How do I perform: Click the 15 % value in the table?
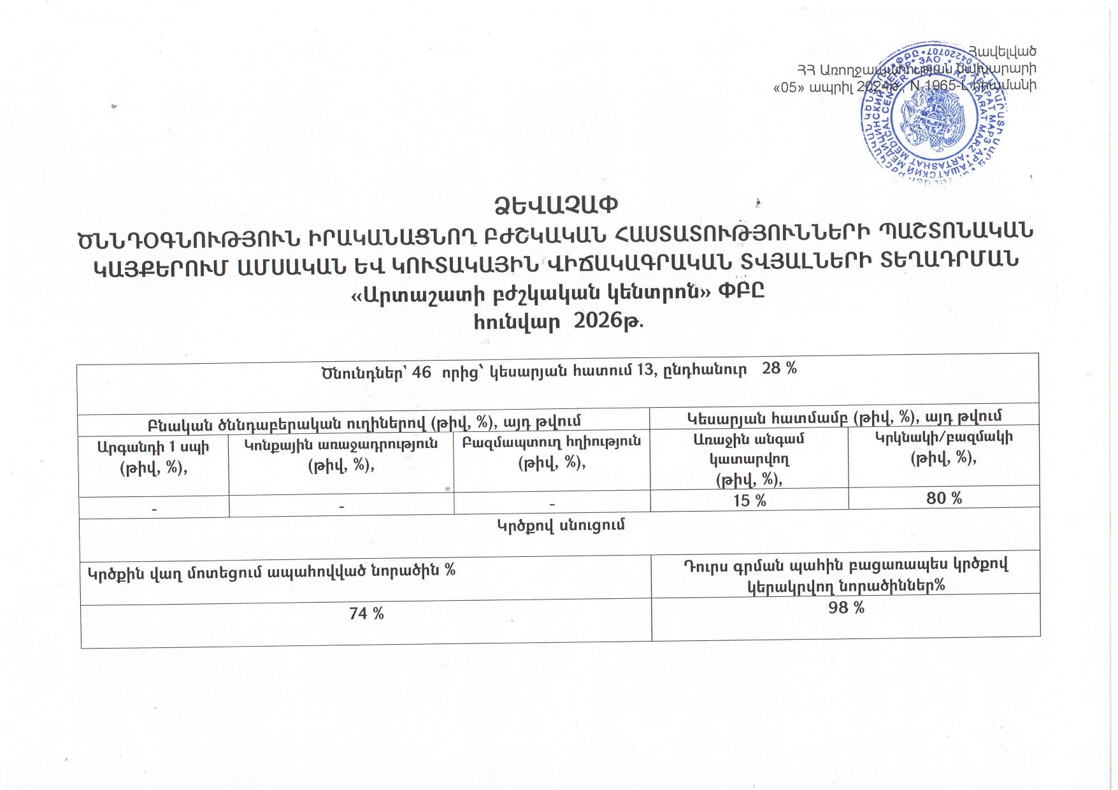tap(749, 501)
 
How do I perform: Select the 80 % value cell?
tap(944, 498)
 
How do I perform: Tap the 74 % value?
tap(366, 614)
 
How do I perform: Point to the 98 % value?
tap(846, 608)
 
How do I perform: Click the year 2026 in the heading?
tap(598, 320)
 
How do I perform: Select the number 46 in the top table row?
tap(422, 372)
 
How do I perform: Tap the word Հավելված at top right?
tap(1002, 51)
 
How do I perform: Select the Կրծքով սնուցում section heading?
tap(560, 525)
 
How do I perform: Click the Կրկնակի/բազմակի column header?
tap(943, 438)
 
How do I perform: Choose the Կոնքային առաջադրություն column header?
tap(341, 444)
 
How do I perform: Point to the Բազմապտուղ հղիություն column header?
tap(552, 441)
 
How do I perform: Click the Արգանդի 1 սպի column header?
tap(153, 447)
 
